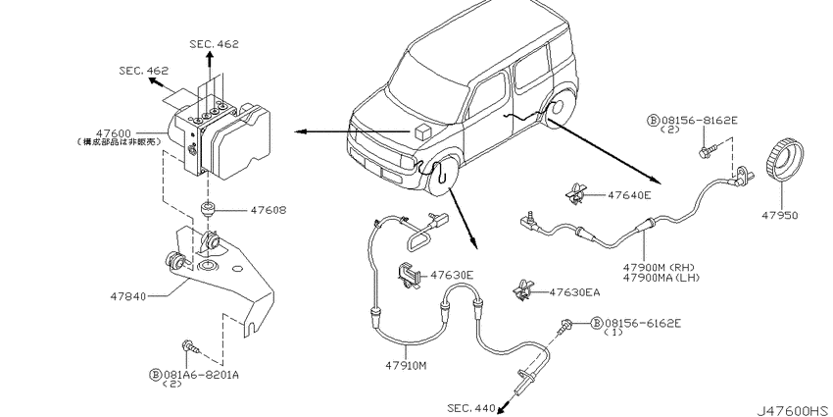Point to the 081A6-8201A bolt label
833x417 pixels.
click(201, 374)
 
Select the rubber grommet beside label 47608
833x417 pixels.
click(208, 211)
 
